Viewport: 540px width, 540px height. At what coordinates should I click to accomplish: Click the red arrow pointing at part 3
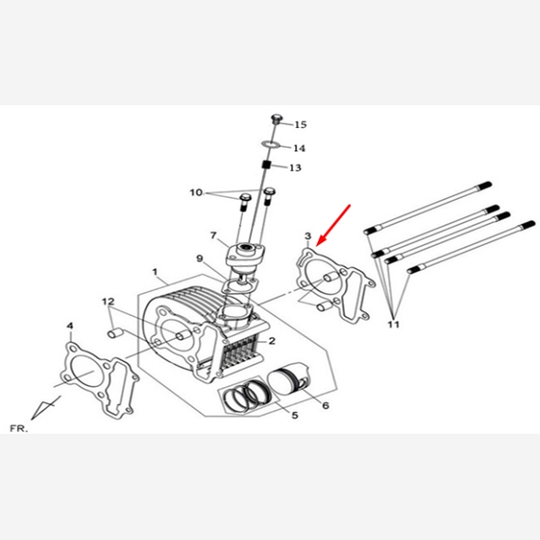point(333,225)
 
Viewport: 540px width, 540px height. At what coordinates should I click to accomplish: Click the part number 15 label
point(301,125)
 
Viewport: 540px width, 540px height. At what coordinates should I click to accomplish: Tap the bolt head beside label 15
point(276,118)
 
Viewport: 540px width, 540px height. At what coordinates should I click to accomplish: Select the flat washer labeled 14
point(270,144)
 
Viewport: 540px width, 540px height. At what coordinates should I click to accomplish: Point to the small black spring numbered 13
point(265,165)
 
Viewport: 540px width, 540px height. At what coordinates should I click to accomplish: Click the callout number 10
point(196,193)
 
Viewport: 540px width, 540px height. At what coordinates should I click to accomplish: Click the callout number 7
point(213,235)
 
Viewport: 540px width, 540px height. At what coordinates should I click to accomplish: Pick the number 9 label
point(200,258)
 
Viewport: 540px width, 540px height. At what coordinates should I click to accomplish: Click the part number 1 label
point(155,272)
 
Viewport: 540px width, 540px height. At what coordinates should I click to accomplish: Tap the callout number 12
point(108,301)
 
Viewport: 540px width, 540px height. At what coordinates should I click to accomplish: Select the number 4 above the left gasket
point(70,326)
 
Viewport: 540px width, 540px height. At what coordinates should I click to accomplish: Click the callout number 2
point(272,341)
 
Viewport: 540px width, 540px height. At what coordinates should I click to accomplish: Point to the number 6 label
point(326,405)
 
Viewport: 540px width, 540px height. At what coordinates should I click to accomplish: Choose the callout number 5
point(295,415)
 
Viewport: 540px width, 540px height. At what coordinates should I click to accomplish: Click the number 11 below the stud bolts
point(393,324)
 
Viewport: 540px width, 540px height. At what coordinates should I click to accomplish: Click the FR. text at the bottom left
point(19,428)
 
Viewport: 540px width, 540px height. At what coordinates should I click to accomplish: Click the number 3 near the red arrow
point(308,236)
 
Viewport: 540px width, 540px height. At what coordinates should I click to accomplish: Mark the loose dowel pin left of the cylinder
point(115,333)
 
